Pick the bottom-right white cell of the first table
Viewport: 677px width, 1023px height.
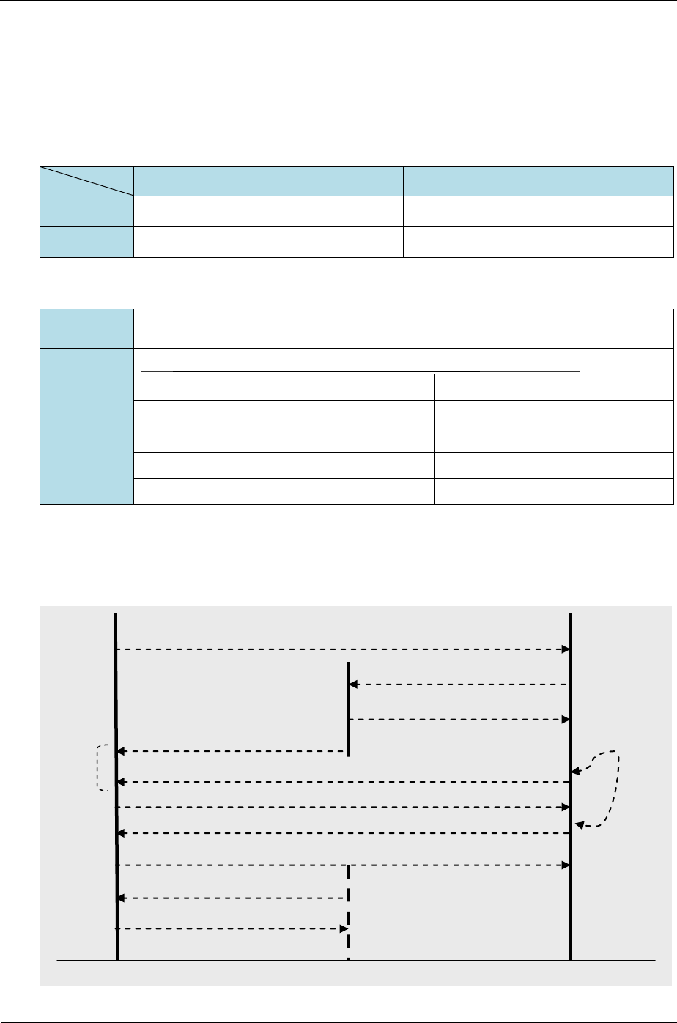538,243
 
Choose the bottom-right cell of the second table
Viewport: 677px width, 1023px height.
553,490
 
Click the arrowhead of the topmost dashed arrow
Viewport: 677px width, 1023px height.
566,649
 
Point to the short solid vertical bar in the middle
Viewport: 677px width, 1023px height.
348,709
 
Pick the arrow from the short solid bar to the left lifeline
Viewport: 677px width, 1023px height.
231,751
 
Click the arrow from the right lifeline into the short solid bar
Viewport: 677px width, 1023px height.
458,684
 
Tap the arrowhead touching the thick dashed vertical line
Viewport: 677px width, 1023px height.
344,928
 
